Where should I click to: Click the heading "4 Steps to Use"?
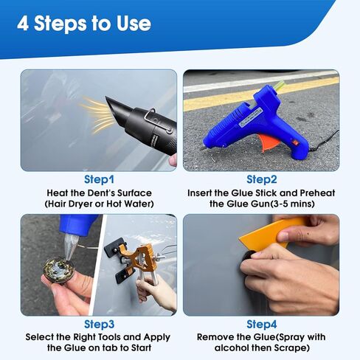84,24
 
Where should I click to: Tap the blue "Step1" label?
99,179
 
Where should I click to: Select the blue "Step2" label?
262,179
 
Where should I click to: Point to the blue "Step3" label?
99,324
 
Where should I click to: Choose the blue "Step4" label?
262,324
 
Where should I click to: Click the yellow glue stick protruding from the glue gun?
278,86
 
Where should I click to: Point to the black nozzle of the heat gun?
115,111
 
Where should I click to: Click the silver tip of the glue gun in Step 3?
69,246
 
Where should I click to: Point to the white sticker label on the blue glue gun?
250,118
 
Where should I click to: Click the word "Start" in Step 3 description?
141,348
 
